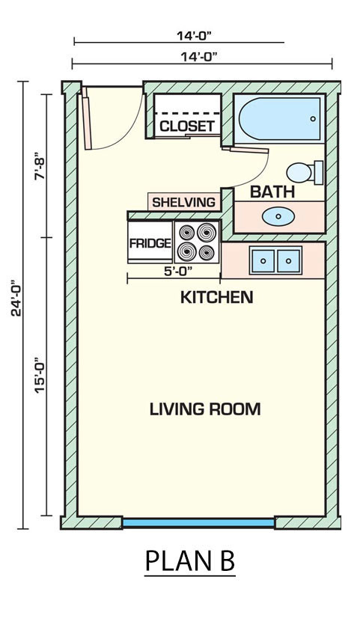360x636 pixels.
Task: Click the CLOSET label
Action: point(188,126)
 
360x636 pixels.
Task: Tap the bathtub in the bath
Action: point(280,118)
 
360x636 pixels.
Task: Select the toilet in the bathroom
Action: point(305,172)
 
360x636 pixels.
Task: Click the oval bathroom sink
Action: point(278,216)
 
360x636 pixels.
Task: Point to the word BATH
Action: point(272,192)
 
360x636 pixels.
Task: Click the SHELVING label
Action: point(184,201)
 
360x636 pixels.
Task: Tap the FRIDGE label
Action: point(150,243)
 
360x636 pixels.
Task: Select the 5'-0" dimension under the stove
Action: point(179,272)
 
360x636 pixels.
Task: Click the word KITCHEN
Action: point(217,297)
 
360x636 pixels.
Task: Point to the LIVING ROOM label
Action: point(205,409)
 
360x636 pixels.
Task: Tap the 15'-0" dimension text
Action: point(40,375)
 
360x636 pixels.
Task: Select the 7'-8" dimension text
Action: point(40,166)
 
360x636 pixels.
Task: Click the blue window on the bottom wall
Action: point(198,523)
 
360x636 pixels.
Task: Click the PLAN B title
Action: point(190,561)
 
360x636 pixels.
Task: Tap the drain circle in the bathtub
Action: point(313,119)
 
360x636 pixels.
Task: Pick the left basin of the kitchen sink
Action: point(263,260)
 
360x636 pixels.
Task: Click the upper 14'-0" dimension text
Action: point(195,36)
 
